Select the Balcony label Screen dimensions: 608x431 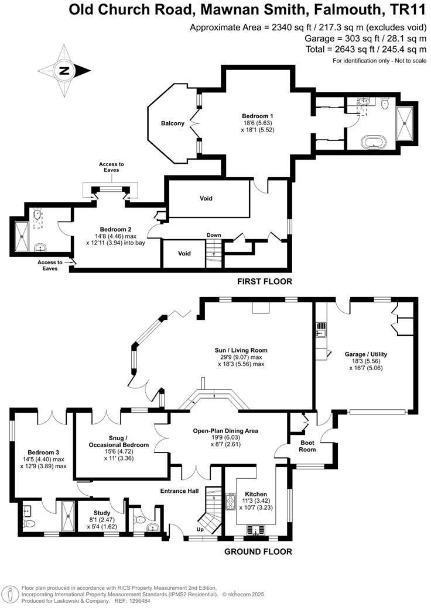[x=173, y=123]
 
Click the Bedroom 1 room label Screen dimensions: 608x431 [x=258, y=116]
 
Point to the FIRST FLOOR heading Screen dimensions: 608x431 [x=264, y=282]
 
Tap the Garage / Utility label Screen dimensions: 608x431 [x=367, y=354]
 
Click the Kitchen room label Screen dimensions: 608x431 [x=255, y=494]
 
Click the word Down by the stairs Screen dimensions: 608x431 [x=214, y=235]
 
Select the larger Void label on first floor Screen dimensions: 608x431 [x=206, y=199]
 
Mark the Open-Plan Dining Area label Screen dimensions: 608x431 [x=225, y=431]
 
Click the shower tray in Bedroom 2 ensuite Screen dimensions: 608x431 [x=22, y=234]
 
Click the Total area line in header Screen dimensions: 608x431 [x=366, y=49]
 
